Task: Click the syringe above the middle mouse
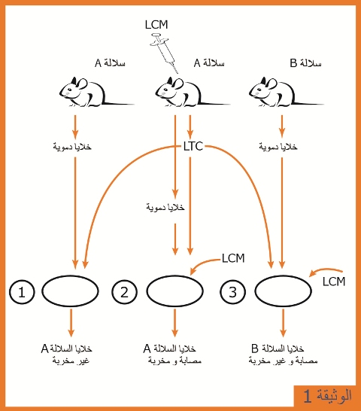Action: coord(163,53)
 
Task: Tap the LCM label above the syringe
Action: coord(156,25)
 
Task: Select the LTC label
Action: coord(193,146)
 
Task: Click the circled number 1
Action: coord(22,292)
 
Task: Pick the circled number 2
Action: coord(124,292)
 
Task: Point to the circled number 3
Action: coord(233,292)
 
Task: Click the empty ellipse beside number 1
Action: coord(70,291)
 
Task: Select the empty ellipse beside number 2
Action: coord(174,291)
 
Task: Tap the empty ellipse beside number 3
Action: coord(284,291)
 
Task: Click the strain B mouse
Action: coord(286,92)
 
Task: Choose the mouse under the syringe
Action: coord(192,92)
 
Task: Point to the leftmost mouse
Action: coord(96,92)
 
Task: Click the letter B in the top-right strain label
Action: coord(293,63)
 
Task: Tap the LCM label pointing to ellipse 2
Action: coord(233,258)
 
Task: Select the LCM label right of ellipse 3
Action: coord(334,282)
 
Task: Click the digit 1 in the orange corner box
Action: coord(308,396)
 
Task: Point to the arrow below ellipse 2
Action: coord(174,323)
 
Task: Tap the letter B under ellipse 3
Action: coord(255,349)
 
